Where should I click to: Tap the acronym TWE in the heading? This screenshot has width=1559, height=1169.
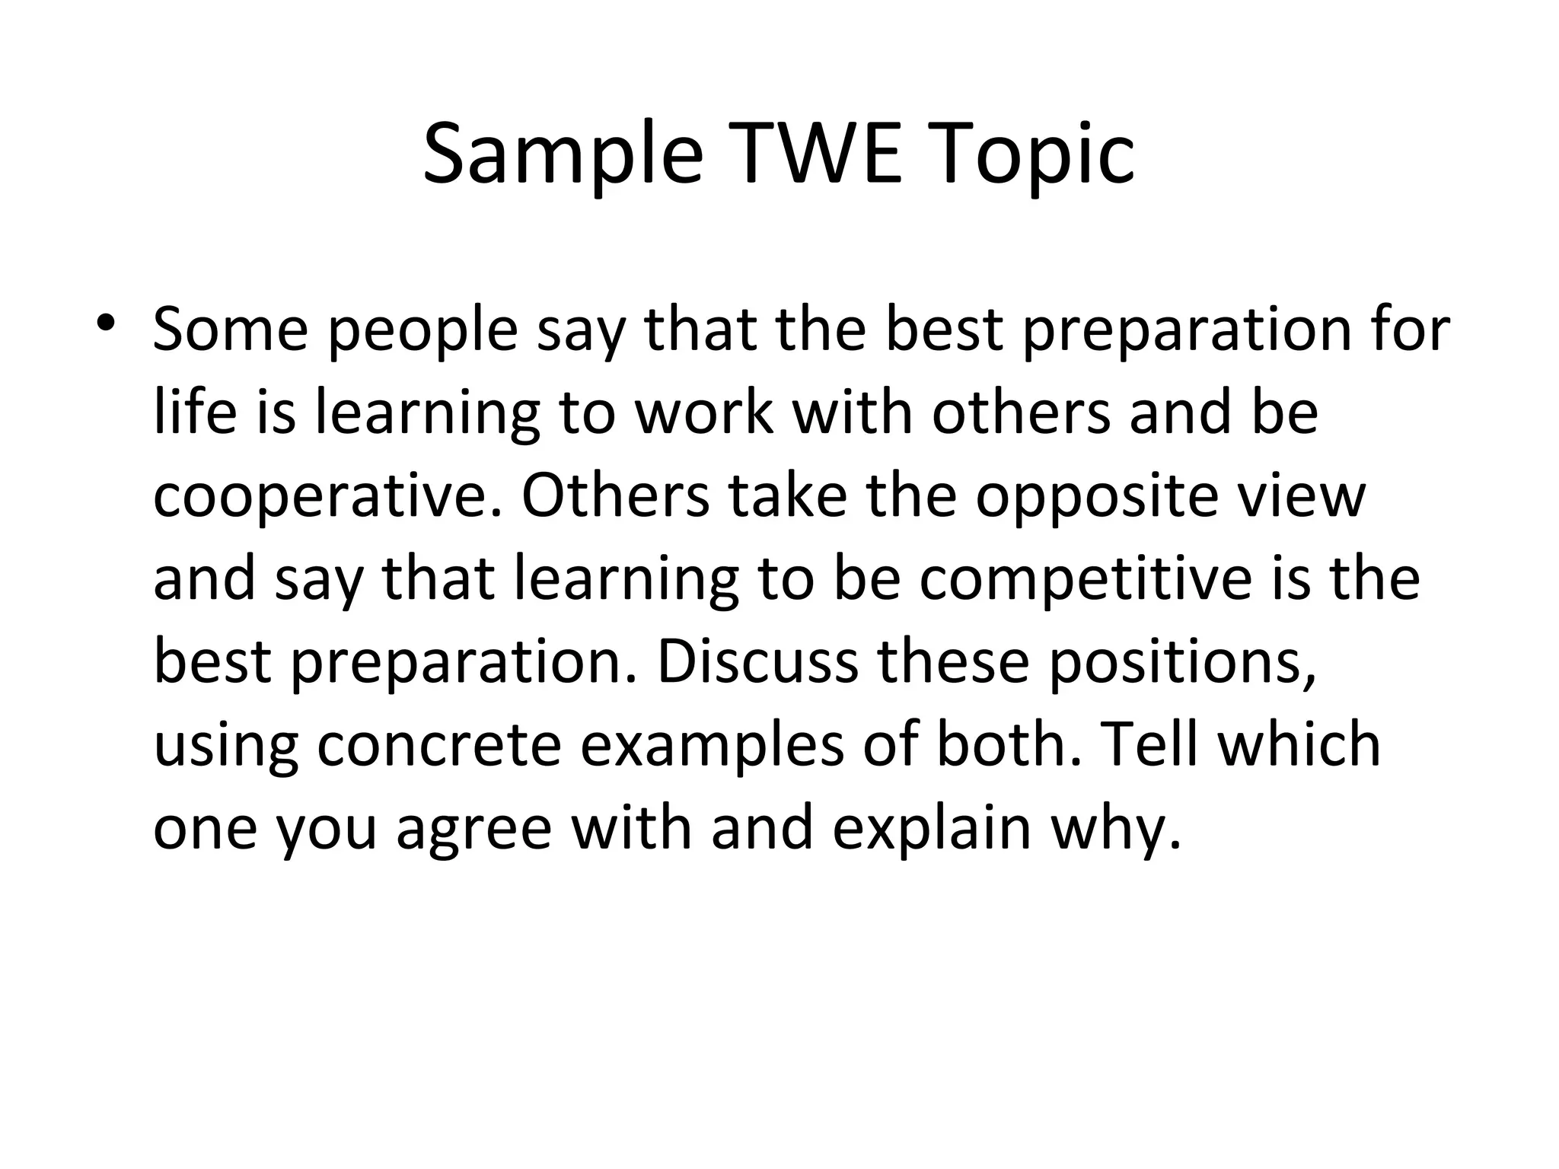(x=815, y=156)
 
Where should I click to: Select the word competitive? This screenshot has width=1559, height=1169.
(x=1084, y=578)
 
